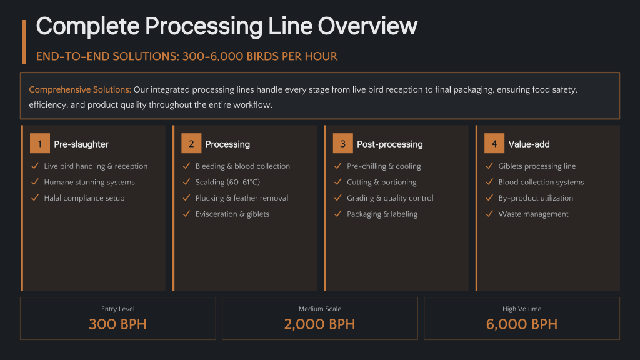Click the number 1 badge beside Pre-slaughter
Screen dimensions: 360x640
pos(39,144)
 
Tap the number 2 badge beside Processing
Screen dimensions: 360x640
pos(191,144)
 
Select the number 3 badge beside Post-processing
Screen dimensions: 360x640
pos(342,144)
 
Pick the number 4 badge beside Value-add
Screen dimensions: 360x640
pos(494,144)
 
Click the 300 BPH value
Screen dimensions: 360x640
pos(117,324)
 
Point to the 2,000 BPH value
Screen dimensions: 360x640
pos(319,324)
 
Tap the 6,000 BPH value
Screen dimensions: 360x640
pos(521,324)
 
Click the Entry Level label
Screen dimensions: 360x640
pos(117,309)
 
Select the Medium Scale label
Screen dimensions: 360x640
pos(319,309)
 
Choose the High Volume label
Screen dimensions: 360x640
pos(521,309)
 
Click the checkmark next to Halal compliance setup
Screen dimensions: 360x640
pos(34,198)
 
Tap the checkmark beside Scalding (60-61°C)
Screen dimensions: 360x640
pos(186,182)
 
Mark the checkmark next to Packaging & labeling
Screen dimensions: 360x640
pos(337,214)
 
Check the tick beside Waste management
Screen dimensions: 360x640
pos(489,214)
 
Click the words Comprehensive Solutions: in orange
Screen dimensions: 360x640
pos(80,89)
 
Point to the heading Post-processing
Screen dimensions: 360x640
pos(389,144)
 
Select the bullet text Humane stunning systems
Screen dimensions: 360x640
pos(89,182)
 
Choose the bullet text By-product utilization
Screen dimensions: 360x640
pos(535,198)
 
